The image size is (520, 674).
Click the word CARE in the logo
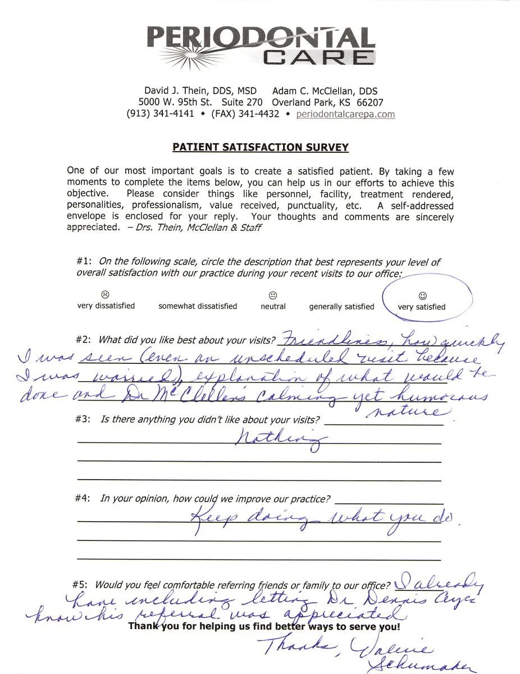pos(318,57)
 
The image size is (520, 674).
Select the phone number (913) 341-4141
pos(160,114)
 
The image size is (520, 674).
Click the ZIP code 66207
pos(370,103)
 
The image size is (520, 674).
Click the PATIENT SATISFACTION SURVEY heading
pos(261,148)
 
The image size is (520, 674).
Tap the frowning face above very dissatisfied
pos(105,294)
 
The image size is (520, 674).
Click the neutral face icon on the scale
pos(273,295)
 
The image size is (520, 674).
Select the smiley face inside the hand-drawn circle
pos(422,295)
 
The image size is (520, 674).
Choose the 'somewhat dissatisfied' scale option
pos(198,307)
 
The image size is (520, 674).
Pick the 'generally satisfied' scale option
pos(341,307)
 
